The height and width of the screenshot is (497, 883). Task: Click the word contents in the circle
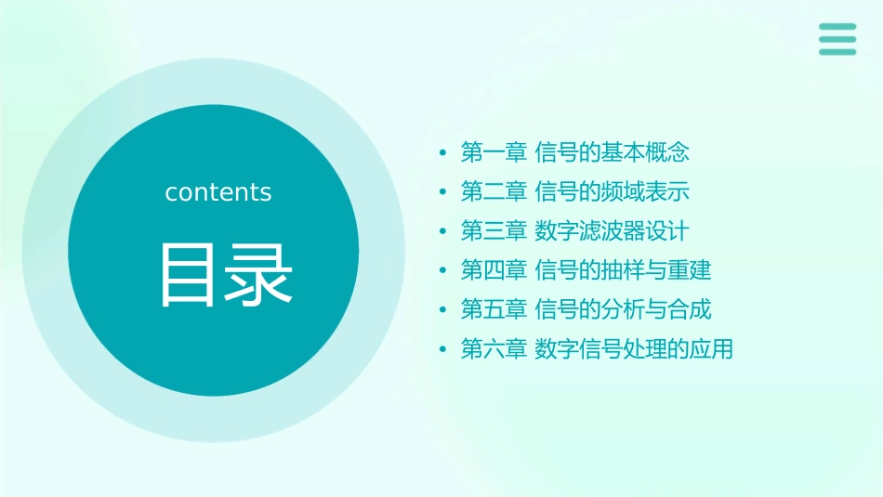(218, 192)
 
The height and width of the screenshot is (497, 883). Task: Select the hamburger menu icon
(837, 39)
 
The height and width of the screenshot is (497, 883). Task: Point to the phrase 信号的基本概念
(613, 151)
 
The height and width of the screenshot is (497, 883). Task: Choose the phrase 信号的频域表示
(613, 191)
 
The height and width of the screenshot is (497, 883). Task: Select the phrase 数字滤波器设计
(613, 230)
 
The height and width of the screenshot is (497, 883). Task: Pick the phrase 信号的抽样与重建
(624, 270)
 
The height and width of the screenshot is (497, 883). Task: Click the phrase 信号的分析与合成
(624, 309)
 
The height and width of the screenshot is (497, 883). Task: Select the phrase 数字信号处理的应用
(635, 349)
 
